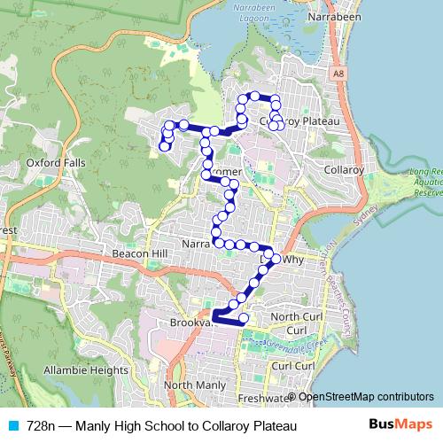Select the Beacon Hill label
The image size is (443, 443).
[x=135, y=253]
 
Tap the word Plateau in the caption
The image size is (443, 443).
[x=268, y=426]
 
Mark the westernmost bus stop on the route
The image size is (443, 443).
[x=163, y=147]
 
